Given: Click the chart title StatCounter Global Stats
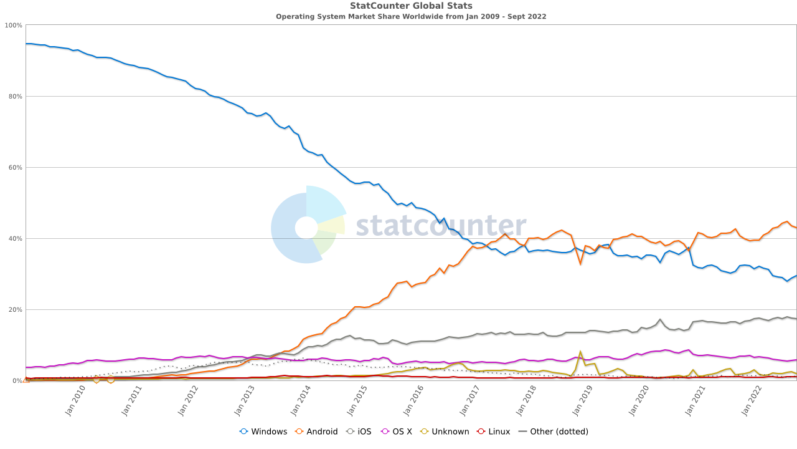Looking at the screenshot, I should pos(411,6).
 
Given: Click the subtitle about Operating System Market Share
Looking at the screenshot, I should pos(411,17).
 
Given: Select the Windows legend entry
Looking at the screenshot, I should pos(263,432).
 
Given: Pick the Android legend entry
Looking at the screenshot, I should pos(316,432).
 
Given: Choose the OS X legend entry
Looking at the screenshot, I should pos(396,432).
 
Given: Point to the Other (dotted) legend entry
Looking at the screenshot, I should pos(554,432).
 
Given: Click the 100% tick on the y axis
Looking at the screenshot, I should pos(14,26).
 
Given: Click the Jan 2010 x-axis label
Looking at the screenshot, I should pos(75,402).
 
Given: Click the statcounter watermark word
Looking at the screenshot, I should pos(441,226).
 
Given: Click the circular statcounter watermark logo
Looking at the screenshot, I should pos(307,225).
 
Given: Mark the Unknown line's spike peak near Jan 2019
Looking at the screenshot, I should pos(580,352).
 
